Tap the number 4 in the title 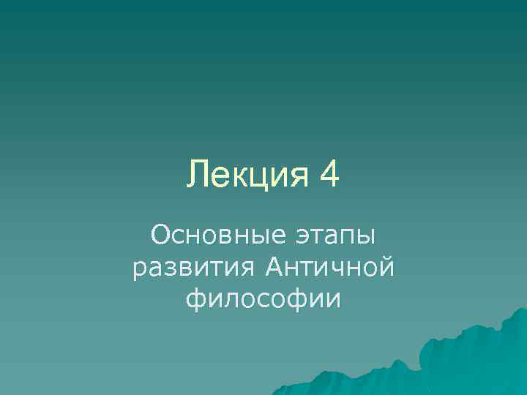pyautogui.click(x=329, y=176)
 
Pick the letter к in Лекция pyautogui.click(x=239, y=178)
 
